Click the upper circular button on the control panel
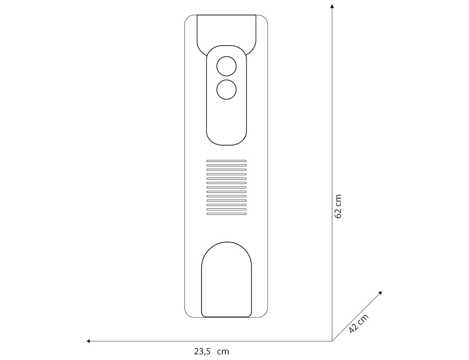click(x=226, y=66)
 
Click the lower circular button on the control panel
click(x=226, y=89)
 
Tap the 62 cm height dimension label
click(x=338, y=207)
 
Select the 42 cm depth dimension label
click(x=358, y=323)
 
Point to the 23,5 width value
click(x=202, y=351)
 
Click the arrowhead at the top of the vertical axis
click(x=332, y=6)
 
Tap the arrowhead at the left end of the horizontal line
click(x=88, y=341)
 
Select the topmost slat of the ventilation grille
click(x=226, y=161)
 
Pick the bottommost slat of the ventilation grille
click(x=226, y=214)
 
